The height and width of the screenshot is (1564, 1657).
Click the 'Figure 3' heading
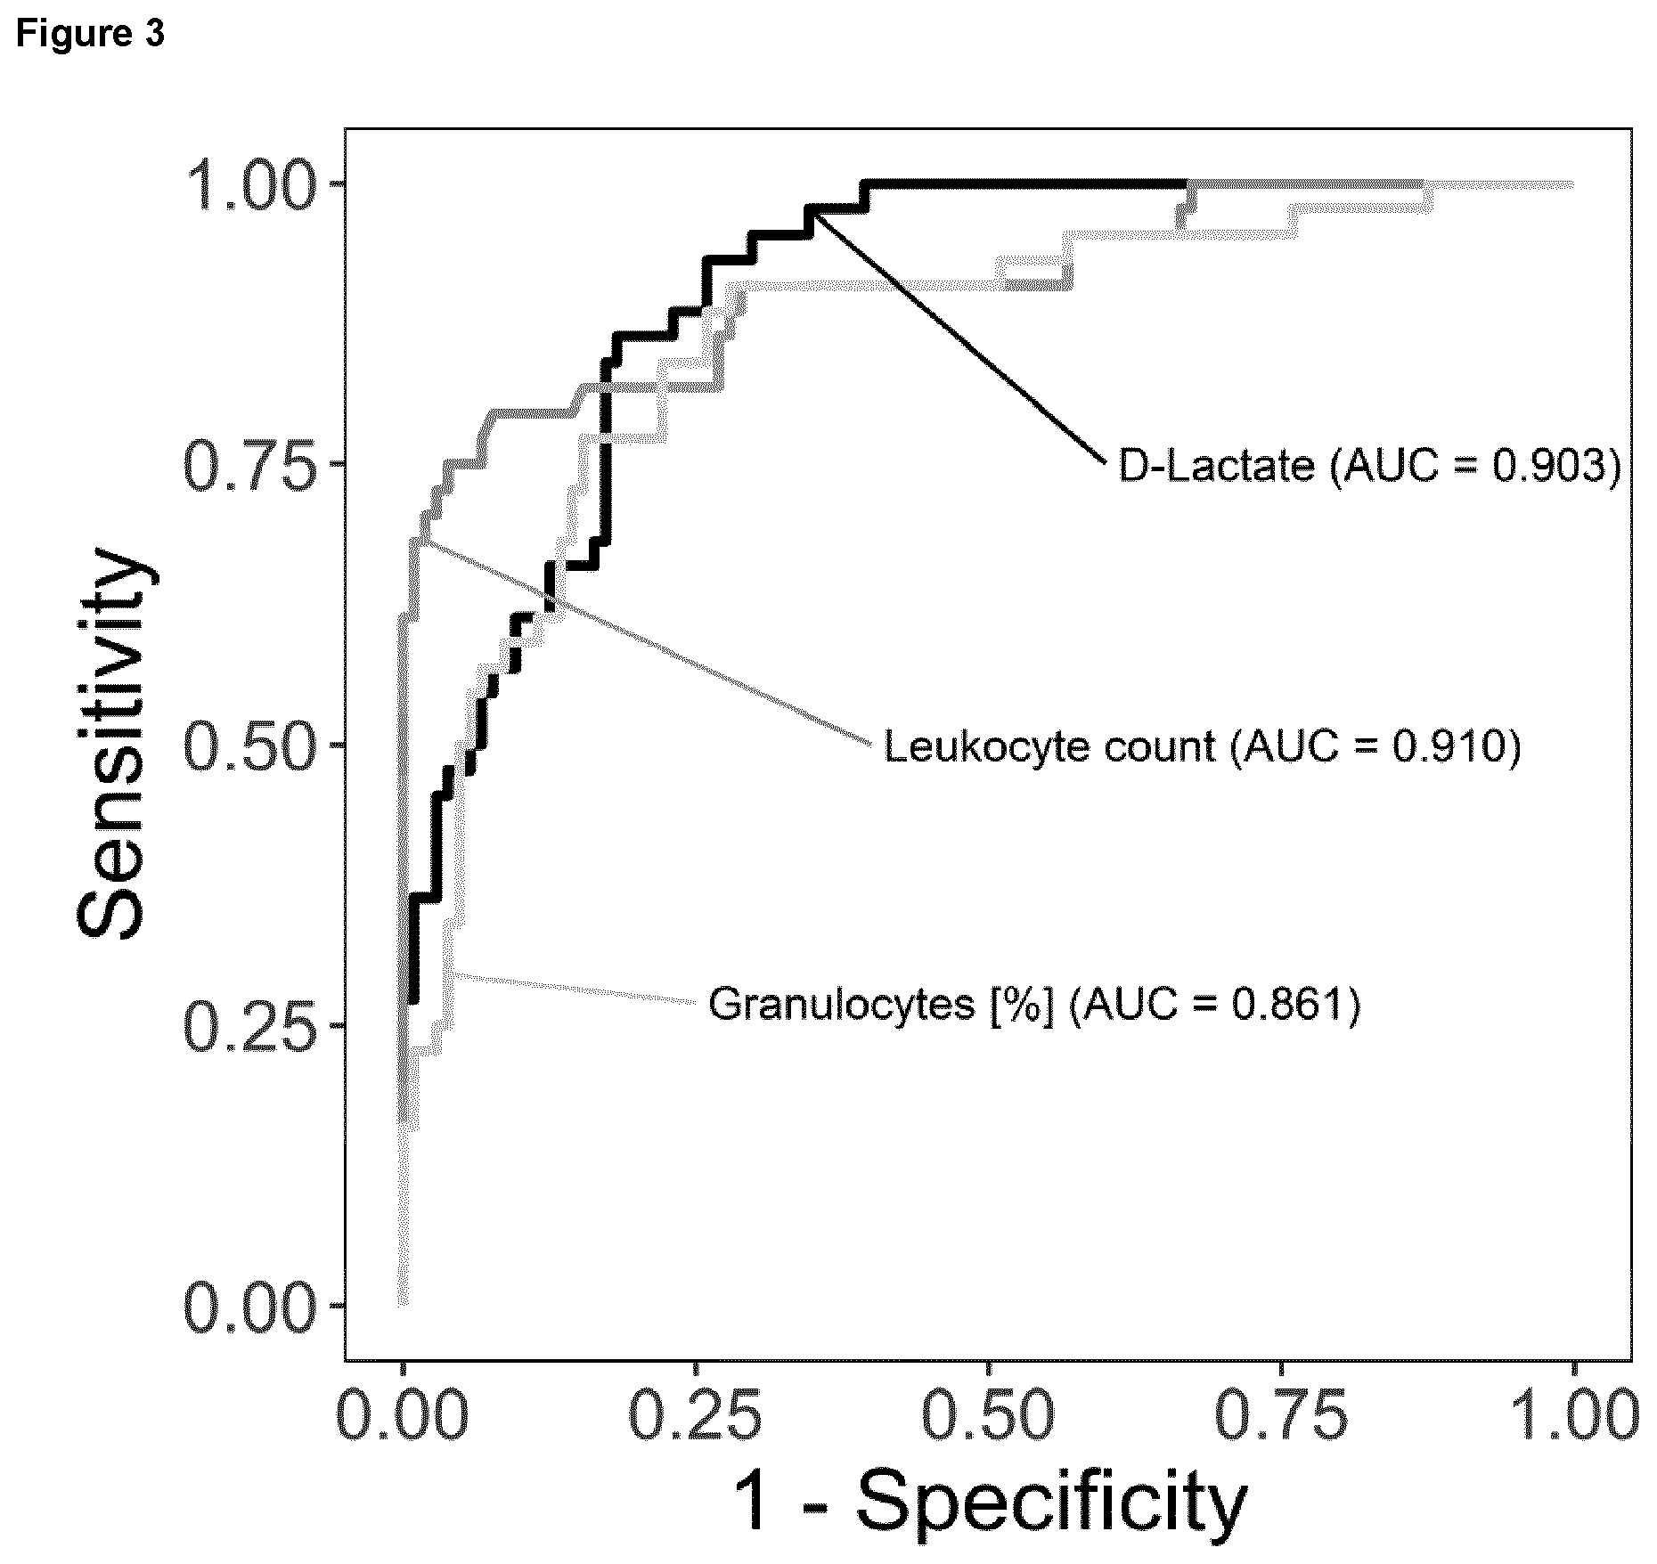(90, 35)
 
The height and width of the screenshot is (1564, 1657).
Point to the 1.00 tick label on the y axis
(250, 184)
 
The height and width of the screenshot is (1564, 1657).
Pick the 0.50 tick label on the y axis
(250, 745)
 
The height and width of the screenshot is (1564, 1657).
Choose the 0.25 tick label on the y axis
(250, 1024)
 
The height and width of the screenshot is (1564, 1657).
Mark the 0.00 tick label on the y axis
(250, 1305)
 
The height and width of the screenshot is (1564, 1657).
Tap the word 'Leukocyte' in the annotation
(985, 746)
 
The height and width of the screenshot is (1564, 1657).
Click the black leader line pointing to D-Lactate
(959, 338)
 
